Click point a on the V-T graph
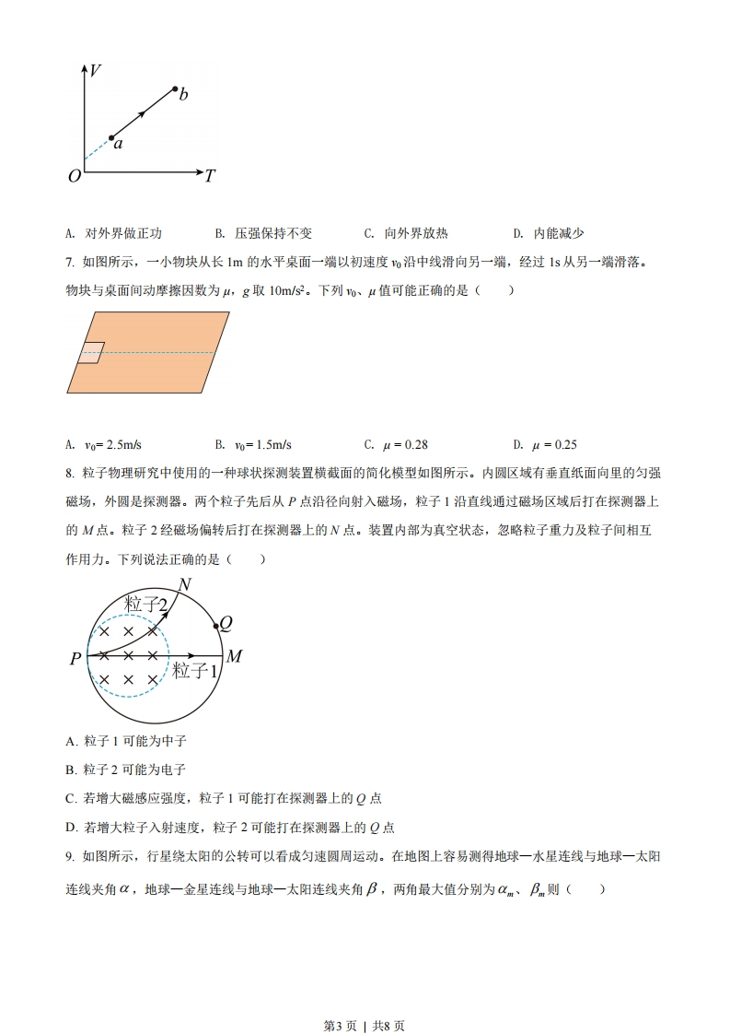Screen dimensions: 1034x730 click(x=111, y=138)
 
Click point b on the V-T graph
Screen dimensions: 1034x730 click(x=175, y=88)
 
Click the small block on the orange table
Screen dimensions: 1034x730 click(x=90, y=352)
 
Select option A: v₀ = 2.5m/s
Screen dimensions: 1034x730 click(x=102, y=444)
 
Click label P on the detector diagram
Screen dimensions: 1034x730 click(x=75, y=658)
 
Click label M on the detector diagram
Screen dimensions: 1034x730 click(x=234, y=656)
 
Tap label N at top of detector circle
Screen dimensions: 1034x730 click(x=185, y=584)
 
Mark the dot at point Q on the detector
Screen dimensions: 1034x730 click(x=215, y=626)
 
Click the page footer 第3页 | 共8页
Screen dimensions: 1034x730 click(x=365, y=1000)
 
